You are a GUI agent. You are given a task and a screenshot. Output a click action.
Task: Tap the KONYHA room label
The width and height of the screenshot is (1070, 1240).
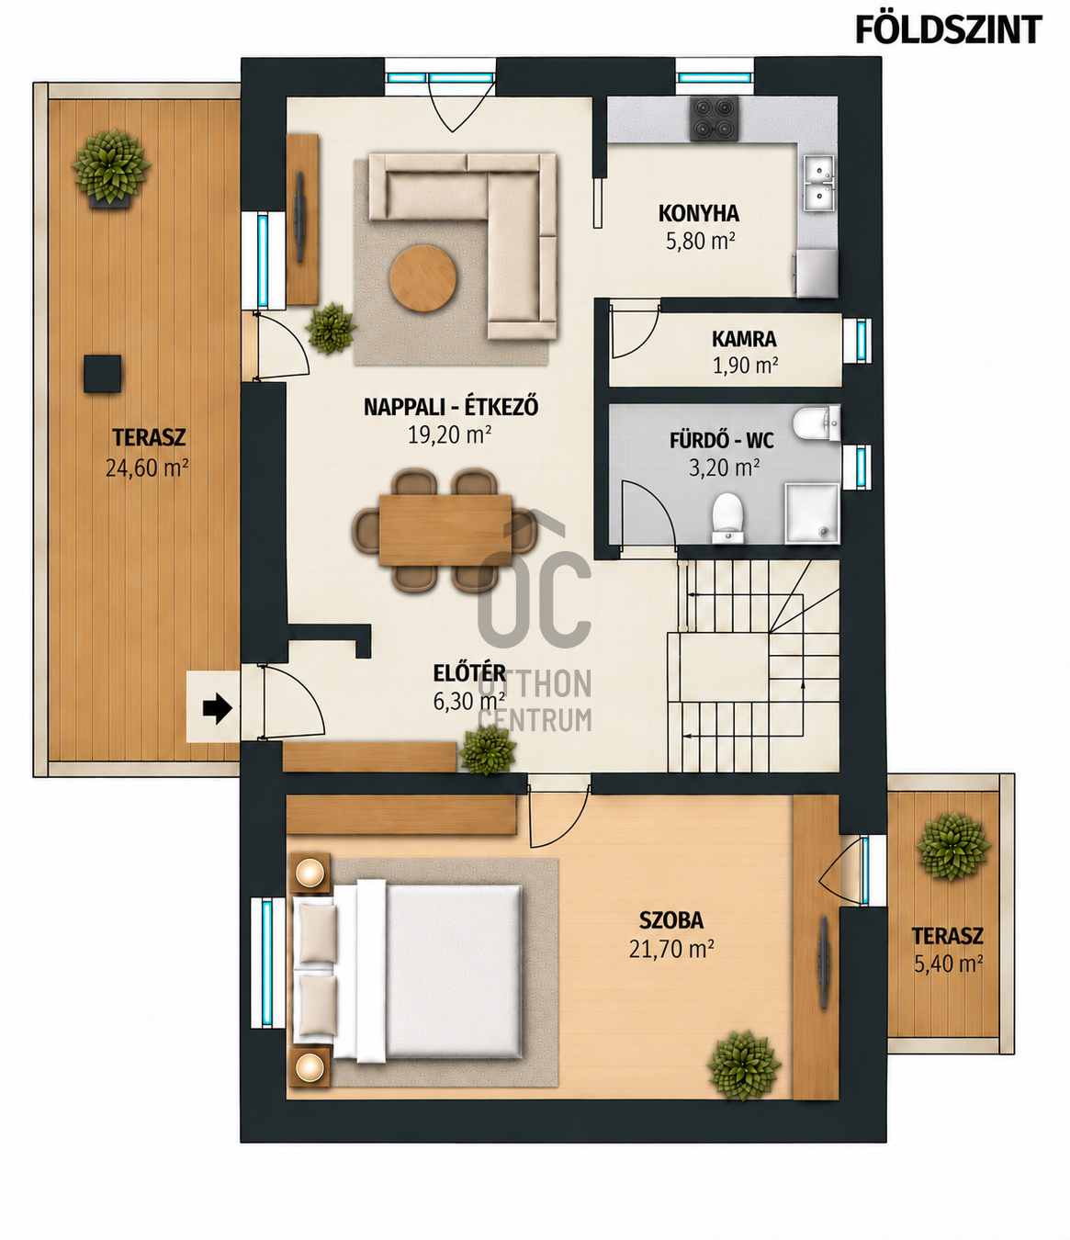click(x=699, y=214)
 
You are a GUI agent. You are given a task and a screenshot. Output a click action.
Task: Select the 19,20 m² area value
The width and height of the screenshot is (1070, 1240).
click(x=450, y=434)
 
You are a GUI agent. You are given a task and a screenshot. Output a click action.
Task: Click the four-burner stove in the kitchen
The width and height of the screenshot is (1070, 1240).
click(x=715, y=118)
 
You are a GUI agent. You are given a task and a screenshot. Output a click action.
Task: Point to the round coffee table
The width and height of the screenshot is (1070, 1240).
click(x=422, y=277)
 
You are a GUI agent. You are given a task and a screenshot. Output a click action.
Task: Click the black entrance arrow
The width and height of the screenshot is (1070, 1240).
click(x=217, y=708)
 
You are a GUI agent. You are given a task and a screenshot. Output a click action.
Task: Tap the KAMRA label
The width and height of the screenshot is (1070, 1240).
click(x=744, y=339)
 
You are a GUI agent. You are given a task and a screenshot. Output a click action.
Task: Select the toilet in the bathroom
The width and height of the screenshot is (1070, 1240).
click(x=727, y=517)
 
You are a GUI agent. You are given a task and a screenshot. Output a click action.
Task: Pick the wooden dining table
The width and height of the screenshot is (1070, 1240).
click(x=445, y=530)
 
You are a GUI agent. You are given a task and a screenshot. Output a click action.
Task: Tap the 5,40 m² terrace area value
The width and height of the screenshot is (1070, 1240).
click(x=948, y=964)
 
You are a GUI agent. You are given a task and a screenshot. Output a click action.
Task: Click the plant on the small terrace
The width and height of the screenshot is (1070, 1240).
click(x=953, y=847)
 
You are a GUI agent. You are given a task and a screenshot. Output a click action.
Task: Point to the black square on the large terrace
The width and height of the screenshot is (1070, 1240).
click(x=103, y=374)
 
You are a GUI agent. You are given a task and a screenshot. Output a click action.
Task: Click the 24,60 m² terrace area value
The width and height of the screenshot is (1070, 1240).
click(x=148, y=468)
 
